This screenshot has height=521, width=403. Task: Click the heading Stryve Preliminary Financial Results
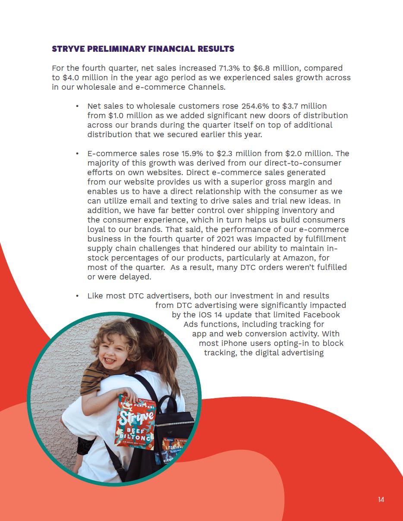pyautogui.click(x=143, y=49)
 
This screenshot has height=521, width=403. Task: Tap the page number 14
pyautogui.click(x=381, y=499)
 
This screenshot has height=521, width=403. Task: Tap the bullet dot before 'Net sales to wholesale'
pyautogui.click(x=77, y=106)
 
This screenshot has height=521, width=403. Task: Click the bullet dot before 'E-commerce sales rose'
pyautogui.click(x=77, y=154)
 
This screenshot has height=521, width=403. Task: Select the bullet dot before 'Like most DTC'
pyautogui.click(x=77, y=296)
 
